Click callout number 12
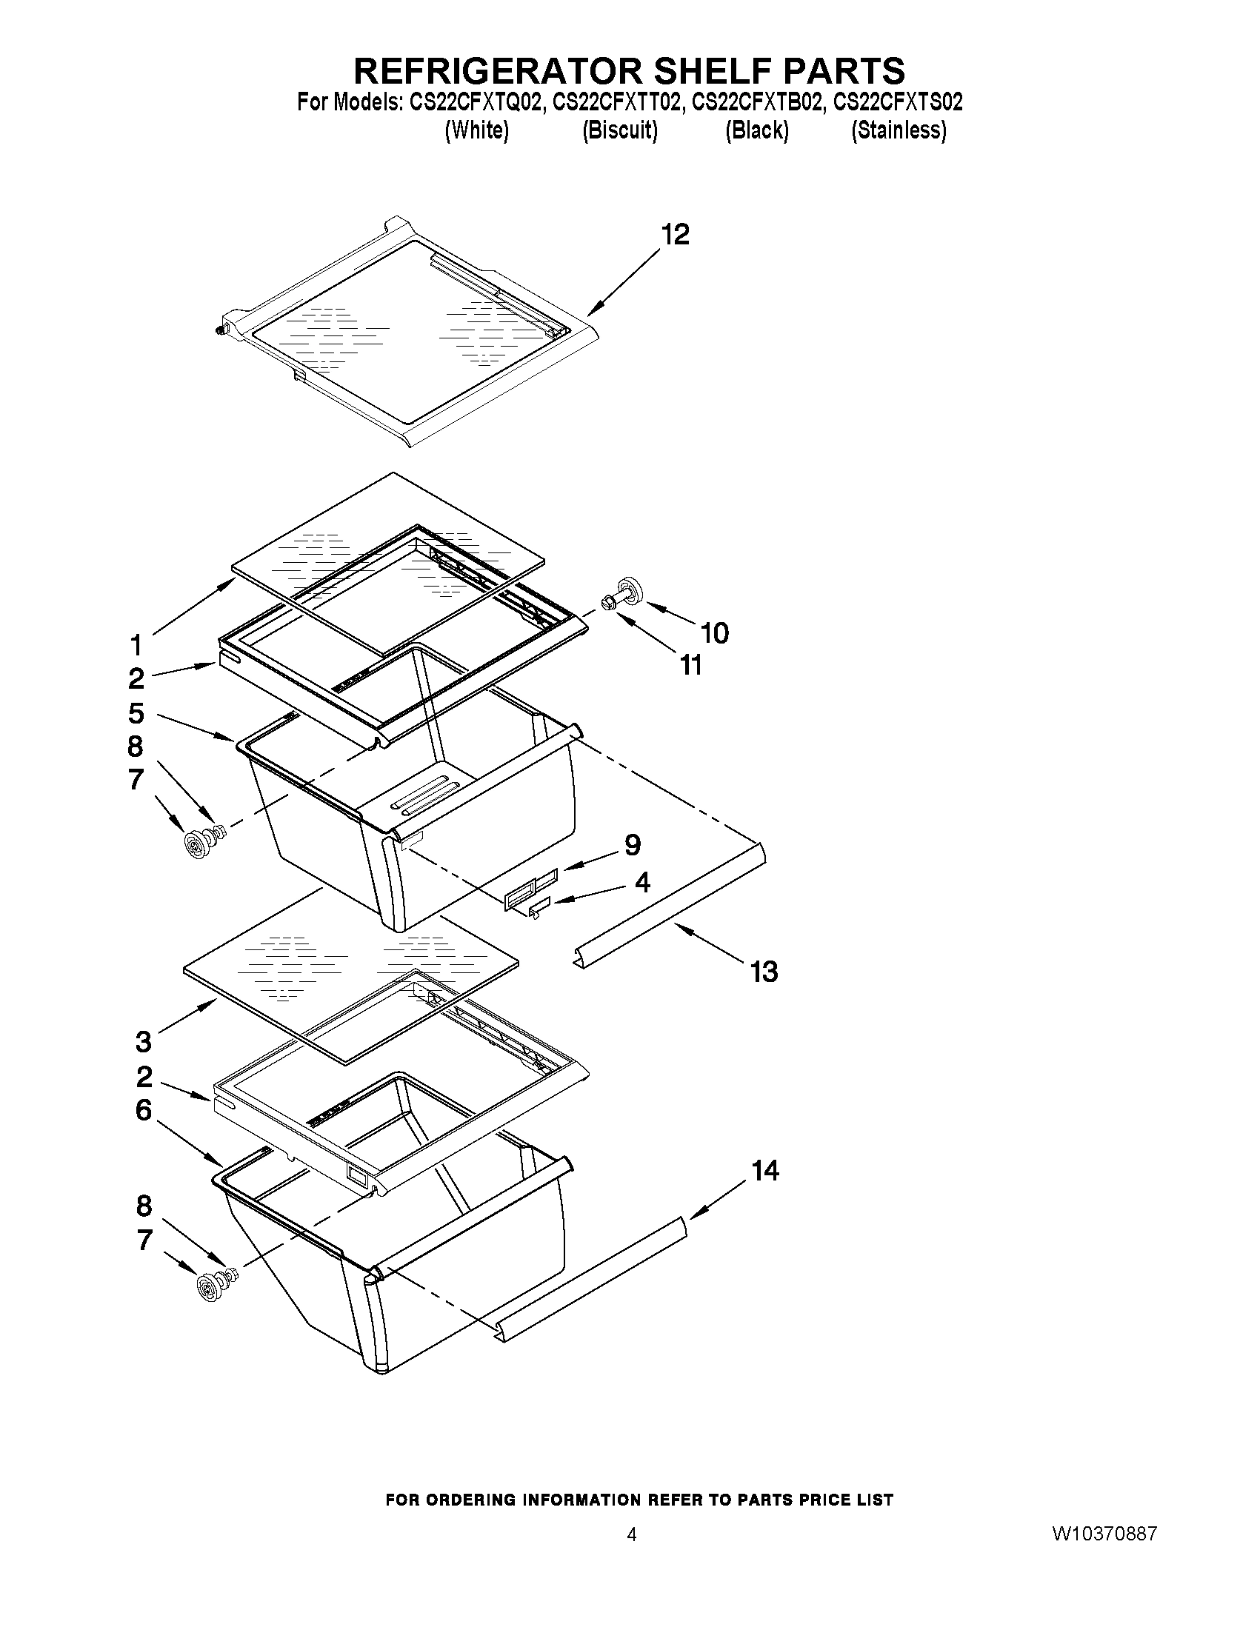point(676,235)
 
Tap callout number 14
point(765,1170)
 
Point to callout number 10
point(714,633)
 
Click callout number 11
point(691,665)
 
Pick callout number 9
point(633,846)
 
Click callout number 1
point(136,644)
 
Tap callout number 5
point(136,713)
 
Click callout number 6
point(143,1111)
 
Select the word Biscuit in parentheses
point(619,130)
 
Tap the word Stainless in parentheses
point(899,130)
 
